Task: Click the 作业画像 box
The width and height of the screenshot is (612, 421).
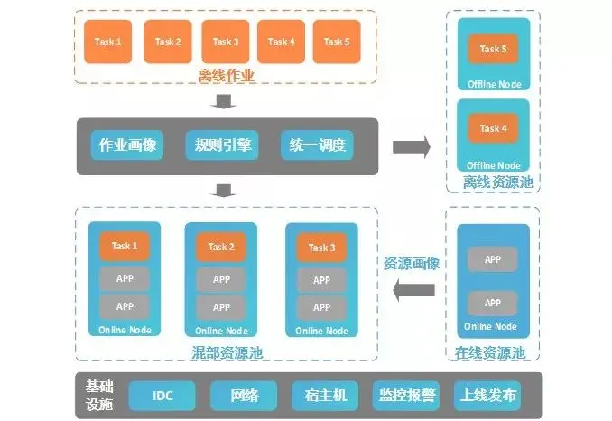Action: [x=126, y=146]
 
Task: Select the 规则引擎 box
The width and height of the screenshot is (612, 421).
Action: [x=221, y=146]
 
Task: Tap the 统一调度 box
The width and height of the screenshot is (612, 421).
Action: [x=316, y=146]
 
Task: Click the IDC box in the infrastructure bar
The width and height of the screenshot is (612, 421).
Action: [x=162, y=396]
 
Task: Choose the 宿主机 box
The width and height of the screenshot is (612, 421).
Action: [x=322, y=396]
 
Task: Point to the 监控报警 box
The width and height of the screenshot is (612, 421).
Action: [x=405, y=396]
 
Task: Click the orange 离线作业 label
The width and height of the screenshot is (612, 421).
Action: [x=227, y=76]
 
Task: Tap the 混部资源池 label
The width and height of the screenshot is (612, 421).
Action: [x=227, y=352]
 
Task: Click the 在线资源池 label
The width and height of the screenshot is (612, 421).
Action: [x=493, y=352]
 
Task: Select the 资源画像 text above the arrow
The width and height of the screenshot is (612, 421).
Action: [x=412, y=264]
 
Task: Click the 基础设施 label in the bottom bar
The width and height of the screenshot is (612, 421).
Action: [x=99, y=396]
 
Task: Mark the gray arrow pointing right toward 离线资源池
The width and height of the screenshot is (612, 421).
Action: [x=411, y=146]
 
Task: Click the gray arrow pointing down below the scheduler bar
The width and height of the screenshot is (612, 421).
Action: [x=226, y=190]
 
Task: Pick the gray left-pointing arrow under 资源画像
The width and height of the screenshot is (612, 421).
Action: [x=413, y=289]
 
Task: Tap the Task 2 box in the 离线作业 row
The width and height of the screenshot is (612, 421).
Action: [x=168, y=42]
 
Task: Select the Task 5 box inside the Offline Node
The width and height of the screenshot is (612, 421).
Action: [x=493, y=49]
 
